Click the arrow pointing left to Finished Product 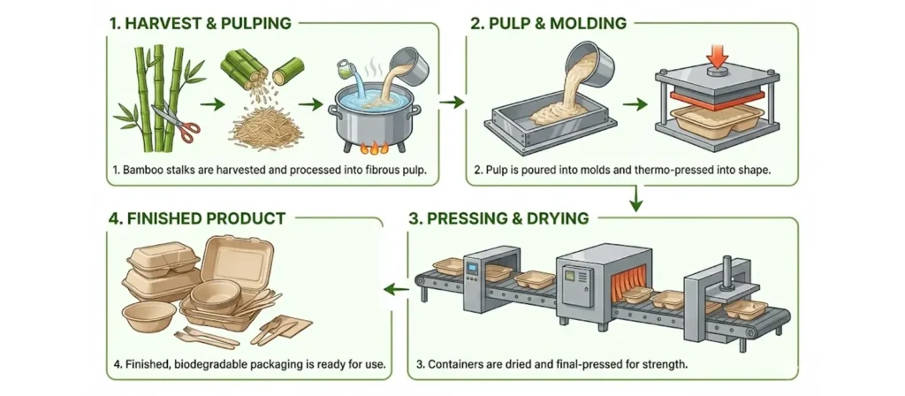(395, 287)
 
